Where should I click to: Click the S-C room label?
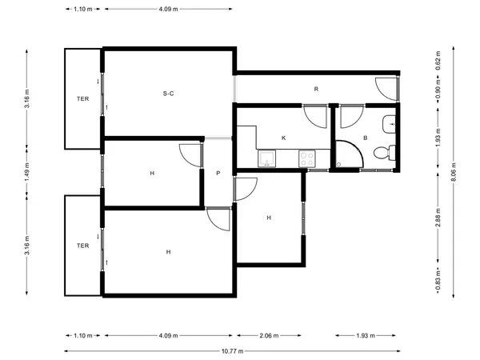coord(168,94)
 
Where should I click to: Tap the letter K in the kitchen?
coord(283,138)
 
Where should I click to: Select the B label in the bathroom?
coord(366,138)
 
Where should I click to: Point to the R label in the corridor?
coord(316,89)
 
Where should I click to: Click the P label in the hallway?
coord(218,174)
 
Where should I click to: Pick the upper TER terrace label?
coord(82,99)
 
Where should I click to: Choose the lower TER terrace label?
coord(82,246)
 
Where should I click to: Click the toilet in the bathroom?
coord(385,153)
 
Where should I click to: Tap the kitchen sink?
coord(266,158)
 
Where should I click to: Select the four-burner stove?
coord(307,158)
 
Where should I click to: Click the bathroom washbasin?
coord(389,124)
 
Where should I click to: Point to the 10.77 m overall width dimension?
coord(232,351)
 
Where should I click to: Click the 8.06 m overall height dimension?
coord(454,172)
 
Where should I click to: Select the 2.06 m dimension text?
coord(269,335)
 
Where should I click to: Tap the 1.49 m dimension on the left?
coord(27,172)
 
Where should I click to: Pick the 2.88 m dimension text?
coord(438,218)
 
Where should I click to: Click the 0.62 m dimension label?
coord(438,60)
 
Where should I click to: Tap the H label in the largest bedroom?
coord(168,252)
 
